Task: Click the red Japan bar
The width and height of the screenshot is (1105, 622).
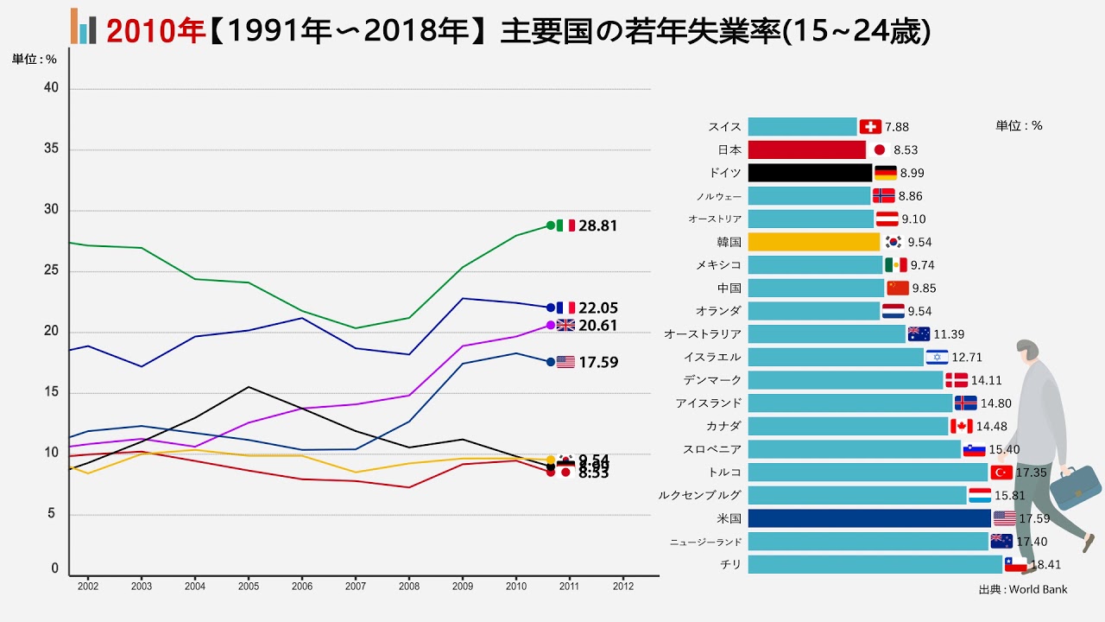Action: point(806,149)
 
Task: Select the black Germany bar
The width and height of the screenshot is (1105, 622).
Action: point(810,173)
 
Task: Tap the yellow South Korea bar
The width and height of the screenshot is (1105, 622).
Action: point(813,242)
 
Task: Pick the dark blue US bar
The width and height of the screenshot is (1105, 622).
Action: point(868,518)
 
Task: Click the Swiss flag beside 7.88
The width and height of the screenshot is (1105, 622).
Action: point(870,127)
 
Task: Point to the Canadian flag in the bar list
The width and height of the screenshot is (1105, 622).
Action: point(961,426)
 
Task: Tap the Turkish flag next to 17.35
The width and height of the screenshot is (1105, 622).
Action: point(1001,473)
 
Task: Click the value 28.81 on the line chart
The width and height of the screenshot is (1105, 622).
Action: point(598,225)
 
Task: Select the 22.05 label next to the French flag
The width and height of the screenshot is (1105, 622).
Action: point(598,308)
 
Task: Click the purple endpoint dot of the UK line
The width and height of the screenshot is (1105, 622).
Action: point(551,325)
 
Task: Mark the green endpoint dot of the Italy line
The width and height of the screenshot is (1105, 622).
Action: point(551,225)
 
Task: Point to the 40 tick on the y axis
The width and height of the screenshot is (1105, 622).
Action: point(51,88)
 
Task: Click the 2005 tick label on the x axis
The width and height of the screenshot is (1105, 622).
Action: point(248,586)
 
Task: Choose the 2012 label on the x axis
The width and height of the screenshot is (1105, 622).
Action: point(622,586)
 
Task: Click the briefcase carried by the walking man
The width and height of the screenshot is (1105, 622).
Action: point(1075,487)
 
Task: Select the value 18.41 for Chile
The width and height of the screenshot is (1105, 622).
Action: point(1044,565)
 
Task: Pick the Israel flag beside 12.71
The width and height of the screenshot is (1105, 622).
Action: point(937,357)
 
